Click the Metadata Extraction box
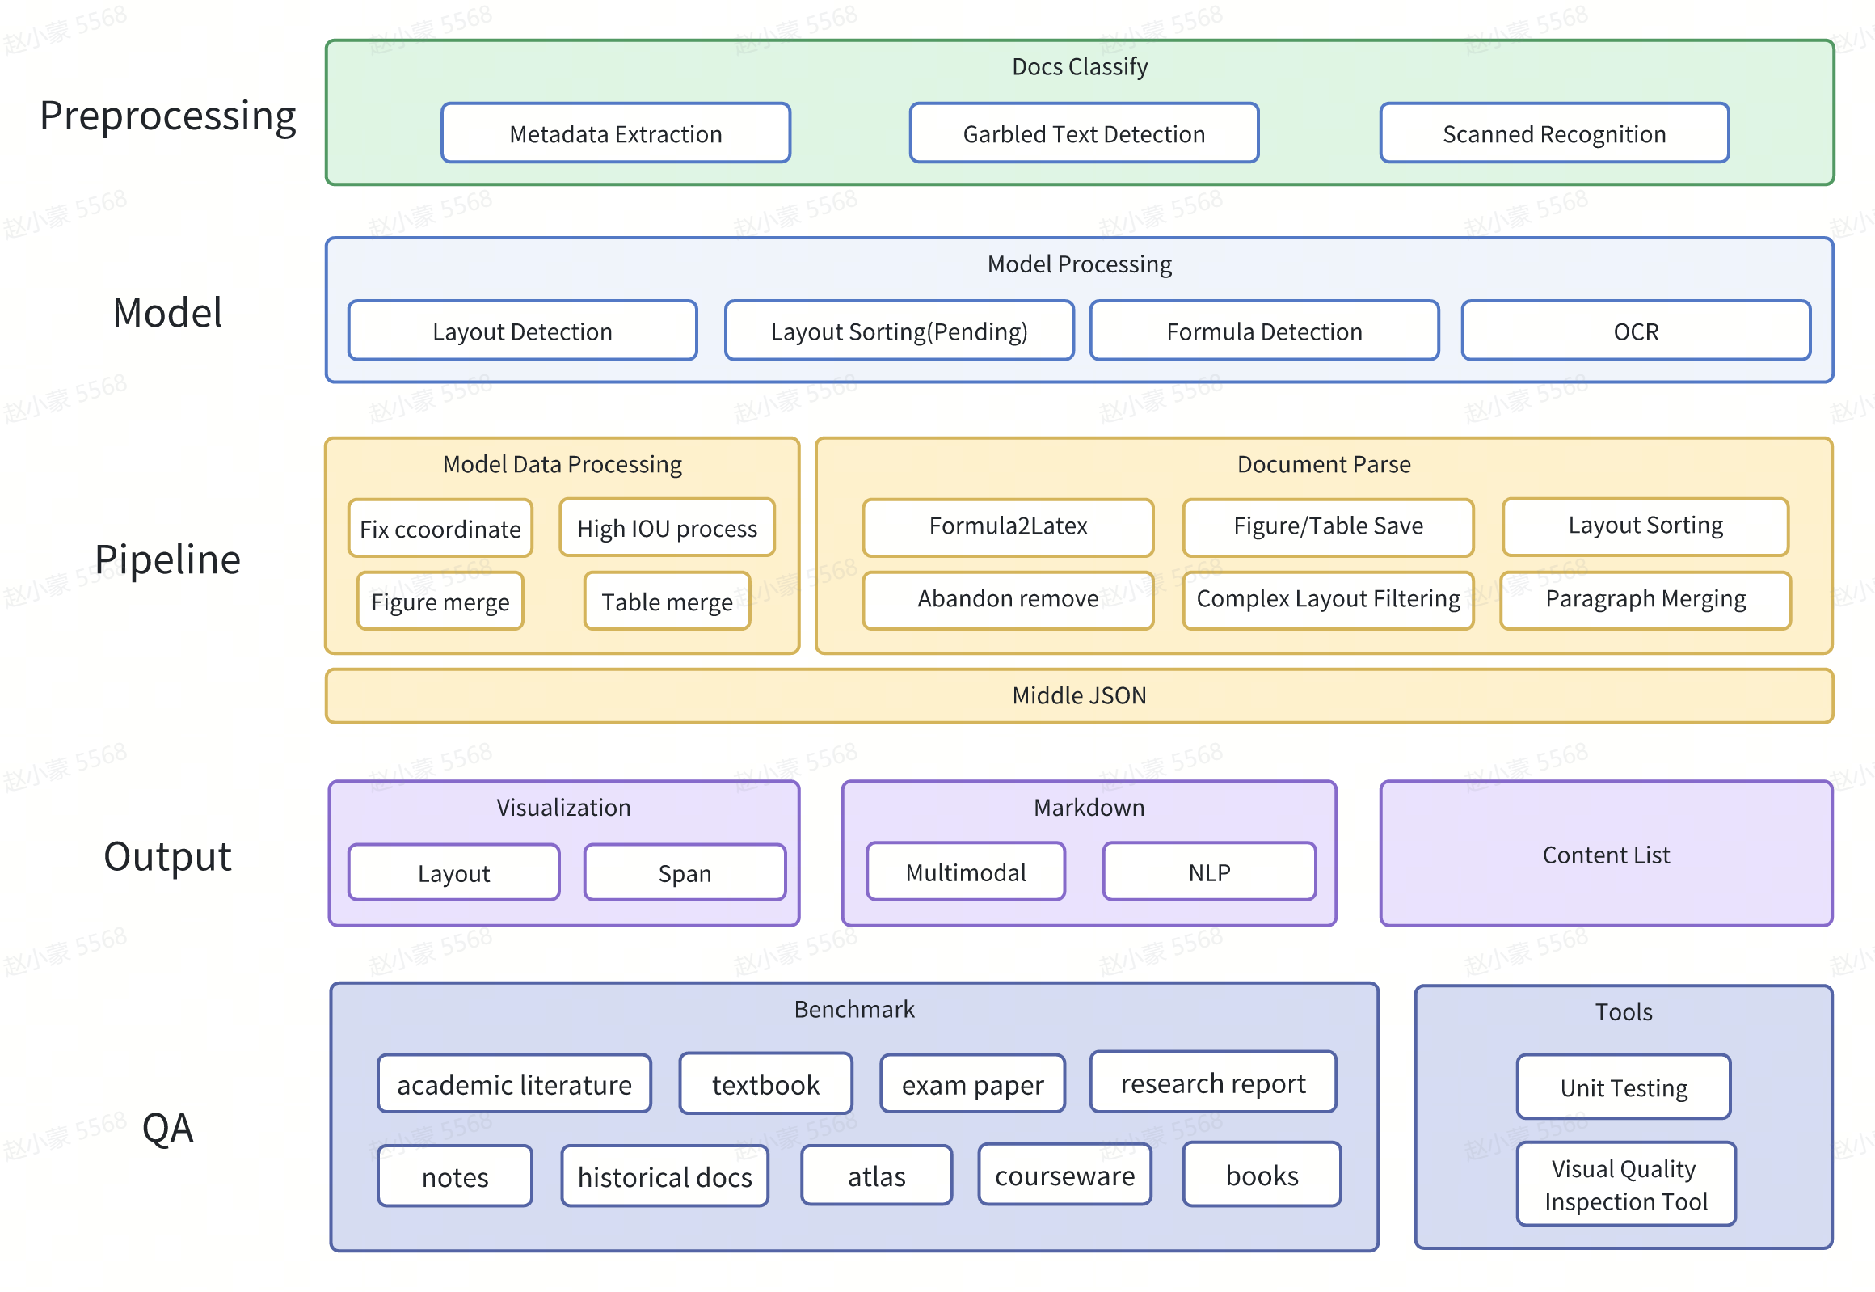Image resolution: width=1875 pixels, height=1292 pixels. [x=615, y=133]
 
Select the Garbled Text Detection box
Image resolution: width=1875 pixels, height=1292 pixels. [x=1083, y=133]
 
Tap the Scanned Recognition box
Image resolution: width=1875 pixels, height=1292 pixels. [x=1553, y=133]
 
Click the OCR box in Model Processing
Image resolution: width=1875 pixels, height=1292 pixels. [x=1635, y=331]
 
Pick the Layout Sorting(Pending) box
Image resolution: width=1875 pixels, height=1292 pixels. [x=898, y=331]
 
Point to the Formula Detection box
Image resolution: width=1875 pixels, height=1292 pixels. [x=1263, y=331]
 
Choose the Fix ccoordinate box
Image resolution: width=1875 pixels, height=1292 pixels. [x=440, y=529]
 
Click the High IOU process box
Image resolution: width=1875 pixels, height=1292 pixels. [x=666, y=528]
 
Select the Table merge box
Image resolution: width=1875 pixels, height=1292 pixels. [x=666, y=602]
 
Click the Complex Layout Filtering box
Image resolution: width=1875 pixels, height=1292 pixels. [x=1327, y=599]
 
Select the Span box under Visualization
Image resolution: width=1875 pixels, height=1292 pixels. [x=684, y=872]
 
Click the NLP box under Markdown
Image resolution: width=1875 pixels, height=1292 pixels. [x=1208, y=872]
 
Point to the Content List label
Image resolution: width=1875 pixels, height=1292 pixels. [x=1605, y=855]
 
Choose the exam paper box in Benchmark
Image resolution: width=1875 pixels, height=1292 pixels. [x=972, y=1084]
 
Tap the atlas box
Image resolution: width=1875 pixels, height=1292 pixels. [x=875, y=1176]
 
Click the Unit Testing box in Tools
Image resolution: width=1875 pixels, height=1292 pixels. [x=1623, y=1087]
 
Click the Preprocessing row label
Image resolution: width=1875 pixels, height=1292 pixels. [x=167, y=115]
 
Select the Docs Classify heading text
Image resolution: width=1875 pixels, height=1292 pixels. [x=1079, y=66]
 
